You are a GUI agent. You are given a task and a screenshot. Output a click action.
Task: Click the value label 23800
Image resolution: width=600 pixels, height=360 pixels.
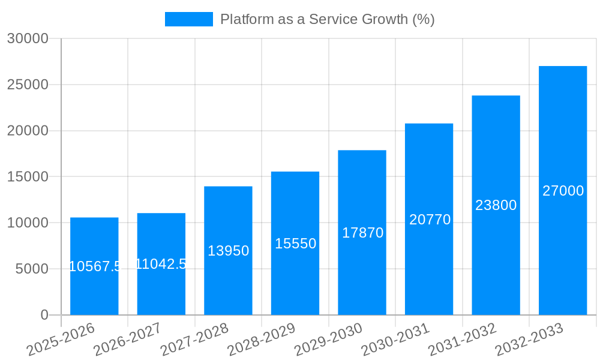[x=496, y=205]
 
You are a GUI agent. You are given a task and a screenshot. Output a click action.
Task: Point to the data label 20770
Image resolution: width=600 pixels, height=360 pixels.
[x=430, y=220]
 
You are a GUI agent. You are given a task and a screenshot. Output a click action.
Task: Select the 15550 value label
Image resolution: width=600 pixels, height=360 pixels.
[x=295, y=244]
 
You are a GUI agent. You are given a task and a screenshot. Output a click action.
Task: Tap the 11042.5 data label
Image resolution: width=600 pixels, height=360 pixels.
[x=161, y=263]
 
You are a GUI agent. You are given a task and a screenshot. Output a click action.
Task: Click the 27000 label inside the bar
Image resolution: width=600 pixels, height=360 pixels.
[x=563, y=191]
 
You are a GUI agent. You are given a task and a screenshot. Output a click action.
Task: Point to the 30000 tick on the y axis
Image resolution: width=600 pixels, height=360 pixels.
[x=28, y=38]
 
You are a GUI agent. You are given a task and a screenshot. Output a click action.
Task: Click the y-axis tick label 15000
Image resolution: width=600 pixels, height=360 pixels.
[x=28, y=177]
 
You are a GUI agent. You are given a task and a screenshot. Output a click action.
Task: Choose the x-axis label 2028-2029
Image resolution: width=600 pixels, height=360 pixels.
[x=262, y=339]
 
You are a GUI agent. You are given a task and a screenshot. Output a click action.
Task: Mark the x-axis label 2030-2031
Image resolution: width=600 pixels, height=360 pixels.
[x=395, y=339]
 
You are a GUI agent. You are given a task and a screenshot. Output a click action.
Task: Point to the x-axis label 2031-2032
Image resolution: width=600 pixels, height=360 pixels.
[x=463, y=339]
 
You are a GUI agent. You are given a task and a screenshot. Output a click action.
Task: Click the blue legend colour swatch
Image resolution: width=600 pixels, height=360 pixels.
[x=188, y=19]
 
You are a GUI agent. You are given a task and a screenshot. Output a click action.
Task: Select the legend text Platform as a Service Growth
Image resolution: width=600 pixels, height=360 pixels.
[x=327, y=19]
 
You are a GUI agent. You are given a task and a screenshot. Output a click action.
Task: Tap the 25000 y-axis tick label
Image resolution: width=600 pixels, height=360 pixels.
[x=28, y=85]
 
